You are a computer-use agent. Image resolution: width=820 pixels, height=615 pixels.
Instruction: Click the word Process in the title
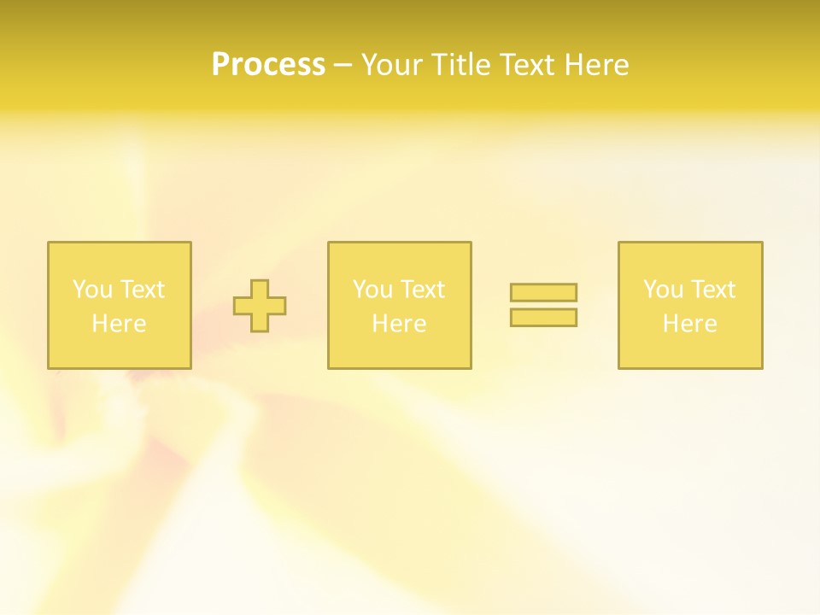[x=268, y=65]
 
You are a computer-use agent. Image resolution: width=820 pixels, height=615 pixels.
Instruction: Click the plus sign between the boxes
[x=260, y=306]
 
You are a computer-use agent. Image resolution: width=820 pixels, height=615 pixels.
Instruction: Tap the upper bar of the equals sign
[x=543, y=293]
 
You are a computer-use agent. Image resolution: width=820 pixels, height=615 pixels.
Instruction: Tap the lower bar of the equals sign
[x=543, y=318]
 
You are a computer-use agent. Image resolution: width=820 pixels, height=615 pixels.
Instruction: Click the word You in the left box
[x=92, y=290]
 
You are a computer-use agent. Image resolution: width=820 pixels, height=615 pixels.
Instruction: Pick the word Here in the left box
[x=119, y=324]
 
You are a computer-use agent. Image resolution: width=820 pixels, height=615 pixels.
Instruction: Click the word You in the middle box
[x=372, y=290]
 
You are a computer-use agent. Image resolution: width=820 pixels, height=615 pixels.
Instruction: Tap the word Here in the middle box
[x=399, y=324]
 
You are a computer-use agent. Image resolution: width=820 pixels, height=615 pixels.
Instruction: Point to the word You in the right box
[x=663, y=290]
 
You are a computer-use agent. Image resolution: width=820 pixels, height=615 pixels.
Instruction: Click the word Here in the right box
[x=689, y=324]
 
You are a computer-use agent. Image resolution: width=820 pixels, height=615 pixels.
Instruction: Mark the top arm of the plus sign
[x=260, y=289]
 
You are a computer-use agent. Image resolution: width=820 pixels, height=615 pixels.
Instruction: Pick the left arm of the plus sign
[x=243, y=306]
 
